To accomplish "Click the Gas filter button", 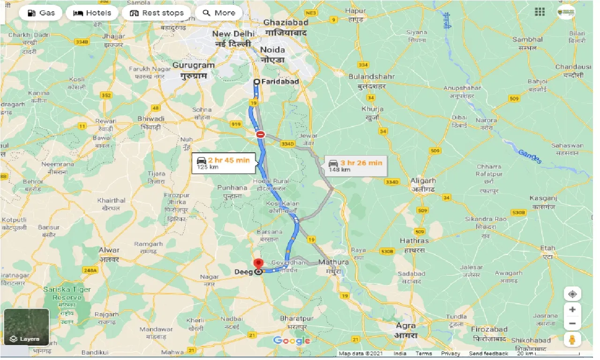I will pos(41,13).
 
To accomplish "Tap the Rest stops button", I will pos(156,13).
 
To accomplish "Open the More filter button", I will pos(219,13).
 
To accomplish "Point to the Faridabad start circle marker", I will pos(256,82).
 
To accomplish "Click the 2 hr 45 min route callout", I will pos(225,163).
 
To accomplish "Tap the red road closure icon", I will pos(261,135).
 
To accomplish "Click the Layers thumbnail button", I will pos(26,327).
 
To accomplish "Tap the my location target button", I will pos(572,294).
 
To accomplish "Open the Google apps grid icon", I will pos(540,12).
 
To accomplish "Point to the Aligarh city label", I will pos(423,180).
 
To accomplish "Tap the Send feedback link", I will pos(489,353).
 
